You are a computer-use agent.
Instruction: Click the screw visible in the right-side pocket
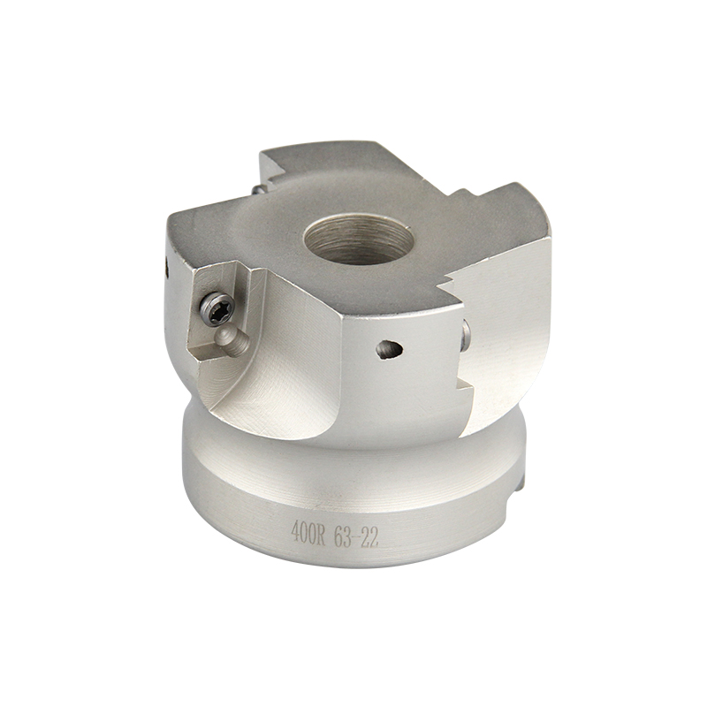[x=466, y=334]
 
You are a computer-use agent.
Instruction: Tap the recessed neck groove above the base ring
[x=353, y=433]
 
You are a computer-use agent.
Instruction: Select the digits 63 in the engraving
[x=346, y=536]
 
